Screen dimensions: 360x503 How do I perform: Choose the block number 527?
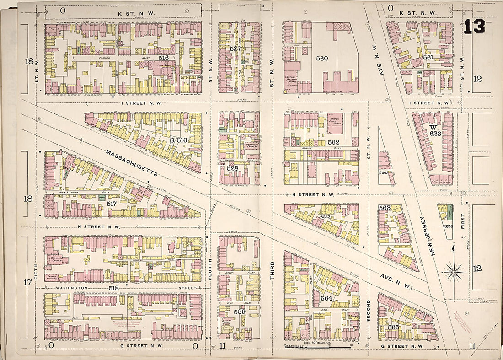coord(235,48)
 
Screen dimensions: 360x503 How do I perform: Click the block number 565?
coord(394,327)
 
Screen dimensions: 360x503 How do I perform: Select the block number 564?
coord(326,298)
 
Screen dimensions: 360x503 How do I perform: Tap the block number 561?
coord(428,58)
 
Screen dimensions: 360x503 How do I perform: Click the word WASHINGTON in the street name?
coord(69,288)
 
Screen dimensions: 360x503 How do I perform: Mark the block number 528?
coord(233,168)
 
